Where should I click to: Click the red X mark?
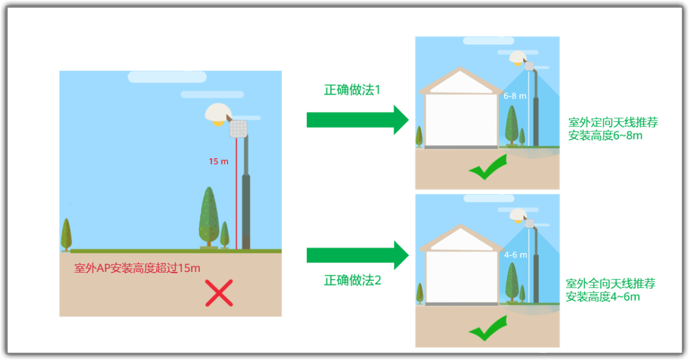click(x=219, y=293)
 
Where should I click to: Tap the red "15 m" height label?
click(x=218, y=161)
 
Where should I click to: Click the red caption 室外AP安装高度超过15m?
click(x=137, y=268)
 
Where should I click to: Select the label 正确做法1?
click(x=352, y=89)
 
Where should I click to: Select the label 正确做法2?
click(x=352, y=280)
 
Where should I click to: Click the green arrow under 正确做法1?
click(x=358, y=119)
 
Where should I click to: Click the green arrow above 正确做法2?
click(x=358, y=255)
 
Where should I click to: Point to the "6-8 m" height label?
click(x=515, y=96)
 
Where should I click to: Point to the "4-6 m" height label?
click(x=515, y=255)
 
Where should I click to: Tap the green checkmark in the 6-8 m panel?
click(x=488, y=167)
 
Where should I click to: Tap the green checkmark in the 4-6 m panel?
click(x=488, y=328)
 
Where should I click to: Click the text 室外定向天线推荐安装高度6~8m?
click(x=613, y=129)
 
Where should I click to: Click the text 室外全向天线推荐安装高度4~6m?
click(x=611, y=290)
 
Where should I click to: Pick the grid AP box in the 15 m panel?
click(x=239, y=129)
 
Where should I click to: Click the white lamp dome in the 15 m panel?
click(x=218, y=112)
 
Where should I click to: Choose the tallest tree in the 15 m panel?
click(x=209, y=217)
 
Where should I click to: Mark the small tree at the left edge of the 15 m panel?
click(x=66, y=235)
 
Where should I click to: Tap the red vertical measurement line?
click(x=237, y=193)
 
